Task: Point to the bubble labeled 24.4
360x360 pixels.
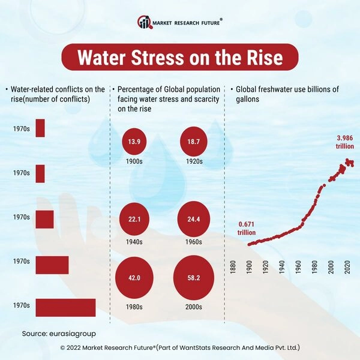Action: tap(193, 220)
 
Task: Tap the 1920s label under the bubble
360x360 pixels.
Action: tap(193, 162)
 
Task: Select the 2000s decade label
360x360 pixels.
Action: tap(193, 307)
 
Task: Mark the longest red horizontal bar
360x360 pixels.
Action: tap(65, 307)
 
